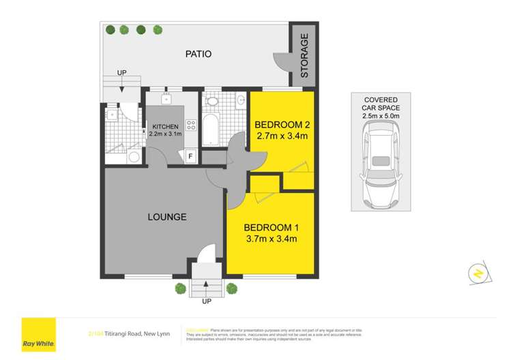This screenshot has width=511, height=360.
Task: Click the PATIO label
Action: pyautogui.click(x=198, y=54)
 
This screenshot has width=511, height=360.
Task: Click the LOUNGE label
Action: pyautogui.click(x=167, y=217)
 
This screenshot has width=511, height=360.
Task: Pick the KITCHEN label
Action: pyautogui.click(x=165, y=127)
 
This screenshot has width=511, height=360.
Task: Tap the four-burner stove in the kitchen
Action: pyautogui.click(x=192, y=125)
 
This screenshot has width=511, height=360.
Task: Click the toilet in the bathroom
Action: pyautogui.click(x=211, y=102)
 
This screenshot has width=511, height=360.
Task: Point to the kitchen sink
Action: pyautogui.click(x=166, y=100)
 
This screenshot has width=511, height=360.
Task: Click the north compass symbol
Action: pyautogui.click(x=478, y=273)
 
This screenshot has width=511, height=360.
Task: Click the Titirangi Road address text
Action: pyautogui.click(x=122, y=332)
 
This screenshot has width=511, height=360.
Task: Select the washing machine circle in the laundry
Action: pyautogui.click(x=134, y=157)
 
